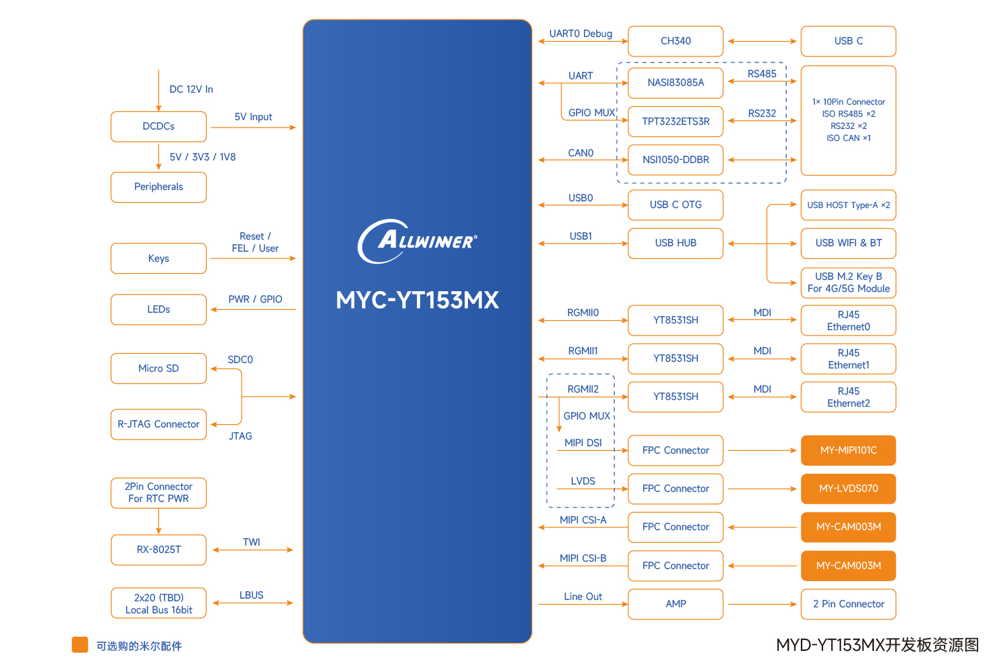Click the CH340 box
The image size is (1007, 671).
(675, 42)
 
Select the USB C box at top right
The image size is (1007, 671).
(848, 42)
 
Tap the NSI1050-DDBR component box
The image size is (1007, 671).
(675, 160)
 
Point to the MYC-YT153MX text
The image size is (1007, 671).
(418, 300)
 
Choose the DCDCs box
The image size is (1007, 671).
(158, 126)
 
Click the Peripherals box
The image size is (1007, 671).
(158, 187)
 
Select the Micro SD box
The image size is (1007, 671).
(158, 368)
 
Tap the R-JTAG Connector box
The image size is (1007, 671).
(158, 424)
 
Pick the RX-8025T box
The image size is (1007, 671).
(158, 550)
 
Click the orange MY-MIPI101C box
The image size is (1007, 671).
(848, 450)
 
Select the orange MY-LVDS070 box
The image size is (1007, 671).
(848, 488)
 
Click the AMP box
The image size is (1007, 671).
(675, 604)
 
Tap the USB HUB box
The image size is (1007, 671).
(675, 243)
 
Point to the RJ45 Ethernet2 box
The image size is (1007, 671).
(848, 397)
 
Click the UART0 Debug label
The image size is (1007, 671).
(581, 34)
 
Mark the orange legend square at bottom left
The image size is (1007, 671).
(80, 645)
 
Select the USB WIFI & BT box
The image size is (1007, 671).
(848, 243)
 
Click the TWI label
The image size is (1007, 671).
(252, 542)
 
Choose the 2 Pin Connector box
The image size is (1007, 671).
(848, 604)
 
